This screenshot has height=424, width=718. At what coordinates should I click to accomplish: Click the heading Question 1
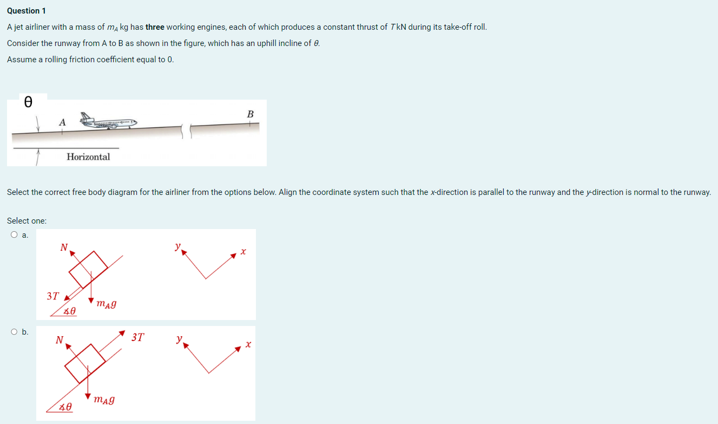pyautogui.click(x=27, y=11)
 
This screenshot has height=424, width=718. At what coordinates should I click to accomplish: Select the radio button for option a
pyautogui.click(x=13, y=235)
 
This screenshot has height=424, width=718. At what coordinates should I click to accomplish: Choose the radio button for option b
pyautogui.click(x=13, y=332)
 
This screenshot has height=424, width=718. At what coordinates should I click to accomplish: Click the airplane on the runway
pyautogui.click(x=108, y=122)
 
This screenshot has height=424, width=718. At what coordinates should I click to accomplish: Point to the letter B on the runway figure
pyautogui.click(x=250, y=114)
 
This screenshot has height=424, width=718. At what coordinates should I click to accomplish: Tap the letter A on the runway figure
pyautogui.click(x=62, y=123)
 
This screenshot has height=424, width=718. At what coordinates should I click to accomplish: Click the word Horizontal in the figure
pyautogui.click(x=88, y=156)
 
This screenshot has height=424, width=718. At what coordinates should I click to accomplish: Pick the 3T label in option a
pyautogui.click(x=52, y=296)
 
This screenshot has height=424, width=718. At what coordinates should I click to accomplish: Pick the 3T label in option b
pyautogui.click(x=138, y=337)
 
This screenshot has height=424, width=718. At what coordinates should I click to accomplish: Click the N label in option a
pyautogui.click(x=64, y=247)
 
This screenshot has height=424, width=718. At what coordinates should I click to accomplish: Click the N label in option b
pyautogui.click(x=60, y=340)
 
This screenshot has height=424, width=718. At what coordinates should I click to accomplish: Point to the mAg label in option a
pyautogui.click(x=106, y=304)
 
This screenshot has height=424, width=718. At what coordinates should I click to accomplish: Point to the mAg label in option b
pyautogui.click(x=103, y=400)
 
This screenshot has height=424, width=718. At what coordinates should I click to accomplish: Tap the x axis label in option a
pyautogui.click(x=243, y=252)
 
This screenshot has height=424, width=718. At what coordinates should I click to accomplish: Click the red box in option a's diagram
pyautogui.click(x=89, y=269)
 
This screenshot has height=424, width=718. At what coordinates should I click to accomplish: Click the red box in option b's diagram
pyautogui.click(x=85, y=363)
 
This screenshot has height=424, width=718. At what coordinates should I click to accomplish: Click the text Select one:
pyautogui.click(x=27, y=221)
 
